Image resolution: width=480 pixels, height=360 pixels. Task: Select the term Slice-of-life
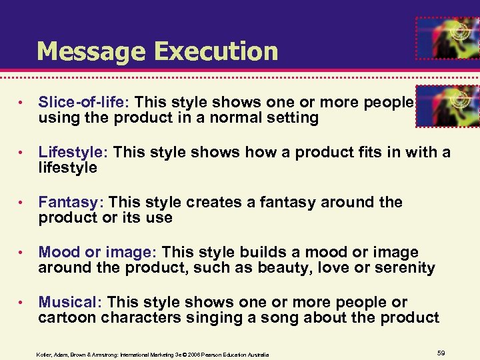click(x=85, y=102)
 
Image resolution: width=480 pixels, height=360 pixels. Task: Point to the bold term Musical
click(x=69, y=302)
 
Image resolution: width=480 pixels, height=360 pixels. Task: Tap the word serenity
click(x=405, y=268)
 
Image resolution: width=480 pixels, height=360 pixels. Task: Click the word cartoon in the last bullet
click(x=65, y=318)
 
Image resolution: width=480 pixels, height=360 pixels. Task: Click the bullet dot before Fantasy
click(x=22, y=203)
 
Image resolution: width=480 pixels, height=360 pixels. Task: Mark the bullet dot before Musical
click(x=22, y=303)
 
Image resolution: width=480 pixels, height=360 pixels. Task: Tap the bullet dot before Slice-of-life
click(x=22, y=103)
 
